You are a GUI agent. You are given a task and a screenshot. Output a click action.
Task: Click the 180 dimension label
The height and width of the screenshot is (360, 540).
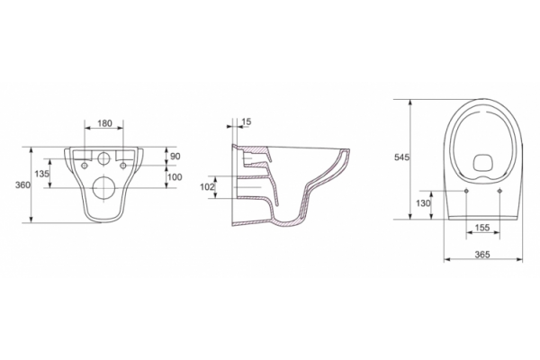[104, 123]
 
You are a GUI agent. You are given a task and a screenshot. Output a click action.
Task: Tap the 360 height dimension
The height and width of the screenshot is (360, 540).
[22, 185]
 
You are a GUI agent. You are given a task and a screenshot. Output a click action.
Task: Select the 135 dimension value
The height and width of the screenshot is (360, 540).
[41, 174]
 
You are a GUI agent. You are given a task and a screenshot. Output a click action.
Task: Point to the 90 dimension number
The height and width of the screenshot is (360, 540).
[175, 156]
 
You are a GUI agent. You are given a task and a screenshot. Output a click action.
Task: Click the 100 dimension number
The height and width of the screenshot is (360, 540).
[175, 177]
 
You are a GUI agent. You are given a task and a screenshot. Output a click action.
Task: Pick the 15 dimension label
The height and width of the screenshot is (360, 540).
[247, 121]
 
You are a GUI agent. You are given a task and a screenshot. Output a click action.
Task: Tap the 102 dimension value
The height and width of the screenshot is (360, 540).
[207, 187]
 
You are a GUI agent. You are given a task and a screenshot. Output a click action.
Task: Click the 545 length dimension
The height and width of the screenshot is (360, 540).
[401, 157]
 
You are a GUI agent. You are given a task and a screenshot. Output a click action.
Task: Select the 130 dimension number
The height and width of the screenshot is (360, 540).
[423, 203]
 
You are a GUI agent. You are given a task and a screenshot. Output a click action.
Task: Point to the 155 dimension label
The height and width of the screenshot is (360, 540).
[482, 228]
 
